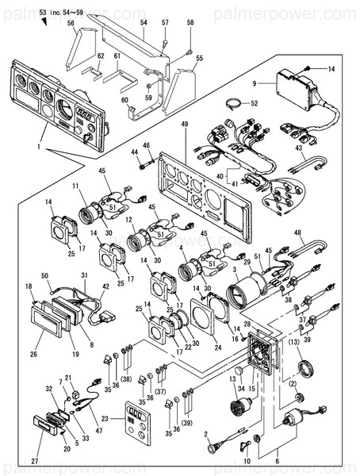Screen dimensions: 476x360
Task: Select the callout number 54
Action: [144, 24]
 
